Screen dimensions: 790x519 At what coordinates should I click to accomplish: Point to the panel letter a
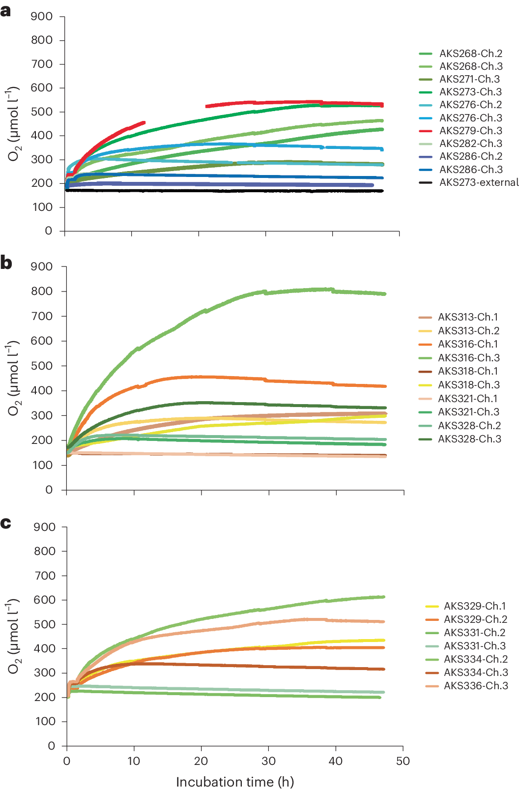tap(6, 11)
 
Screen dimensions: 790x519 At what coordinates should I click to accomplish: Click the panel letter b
tap(6, 263)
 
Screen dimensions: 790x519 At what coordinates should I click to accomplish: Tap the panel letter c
tap(6, 523)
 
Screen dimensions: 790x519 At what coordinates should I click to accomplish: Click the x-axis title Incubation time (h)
tap(235, 782)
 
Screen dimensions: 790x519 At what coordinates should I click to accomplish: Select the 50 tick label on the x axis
tap(403, 761)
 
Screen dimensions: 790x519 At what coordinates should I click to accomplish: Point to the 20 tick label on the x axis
tap(201, 761)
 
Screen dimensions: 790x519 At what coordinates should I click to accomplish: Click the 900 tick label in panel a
tap(42, 17)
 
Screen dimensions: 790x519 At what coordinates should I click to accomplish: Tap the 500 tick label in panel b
tap(42, 366)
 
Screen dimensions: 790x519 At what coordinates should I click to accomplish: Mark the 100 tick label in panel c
tap(45, 721)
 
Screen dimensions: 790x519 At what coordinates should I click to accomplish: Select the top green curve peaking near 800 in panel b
tap(295, 292)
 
